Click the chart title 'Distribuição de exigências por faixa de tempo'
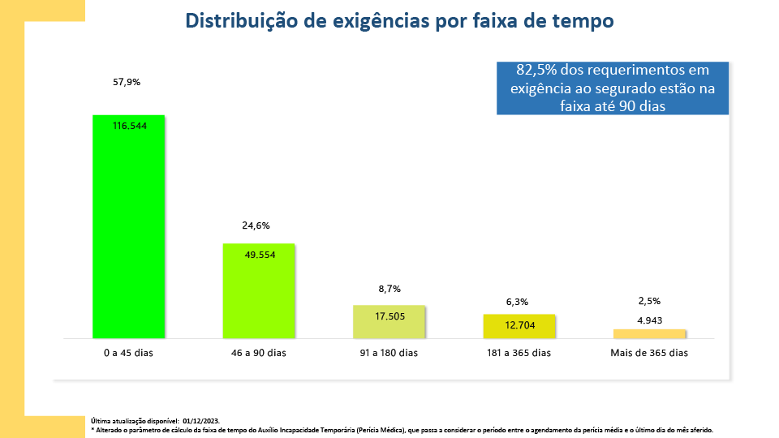[399, 21]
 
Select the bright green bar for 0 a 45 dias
[129, 235]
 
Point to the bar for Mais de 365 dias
[649, 333]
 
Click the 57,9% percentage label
[128, 82]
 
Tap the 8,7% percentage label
[389, 289]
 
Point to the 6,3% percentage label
[517, 302]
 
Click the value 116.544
[129, 126]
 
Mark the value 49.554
[260, 255]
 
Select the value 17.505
[389, 316]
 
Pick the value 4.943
[649, 320]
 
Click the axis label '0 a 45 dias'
[129, 353]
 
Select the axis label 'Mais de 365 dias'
[649, 353]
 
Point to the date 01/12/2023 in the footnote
[201, 421]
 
